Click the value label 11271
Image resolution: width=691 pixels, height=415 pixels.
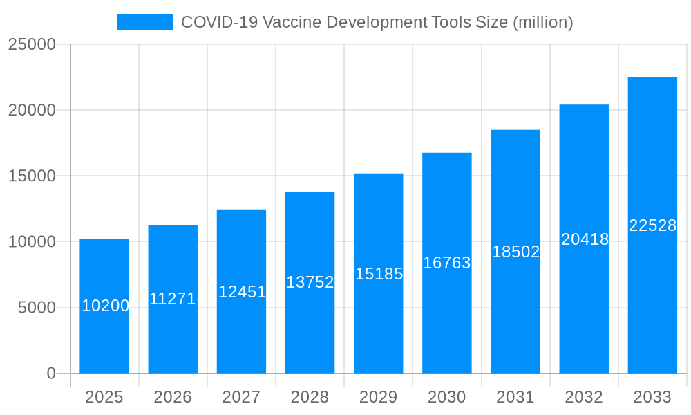click(173, 299)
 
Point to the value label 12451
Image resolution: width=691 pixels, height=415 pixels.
click(242, 292)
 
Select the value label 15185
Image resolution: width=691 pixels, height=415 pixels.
click(379, 274)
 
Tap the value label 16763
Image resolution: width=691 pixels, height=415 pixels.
click(447, 263)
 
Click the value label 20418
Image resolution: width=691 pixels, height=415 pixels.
click(585, 239)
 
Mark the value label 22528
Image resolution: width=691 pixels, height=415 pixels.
click(652, 225)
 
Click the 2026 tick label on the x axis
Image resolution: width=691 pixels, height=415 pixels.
click(173, 397)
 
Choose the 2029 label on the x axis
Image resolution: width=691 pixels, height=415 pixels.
click(379, 397)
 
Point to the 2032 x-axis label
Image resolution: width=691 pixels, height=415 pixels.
click(584, 397)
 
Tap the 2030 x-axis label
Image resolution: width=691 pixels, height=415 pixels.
click(447, 397)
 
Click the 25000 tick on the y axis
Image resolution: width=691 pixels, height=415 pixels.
click(31, 44)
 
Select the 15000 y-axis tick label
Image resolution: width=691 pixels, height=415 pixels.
click(31, 176)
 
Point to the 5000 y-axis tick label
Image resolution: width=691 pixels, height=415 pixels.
click(37, 308)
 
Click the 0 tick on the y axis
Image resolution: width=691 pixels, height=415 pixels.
click(51, 373)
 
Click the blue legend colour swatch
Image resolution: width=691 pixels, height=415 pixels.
click(145, 22)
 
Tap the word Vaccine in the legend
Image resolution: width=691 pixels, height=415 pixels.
click(292, 22)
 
